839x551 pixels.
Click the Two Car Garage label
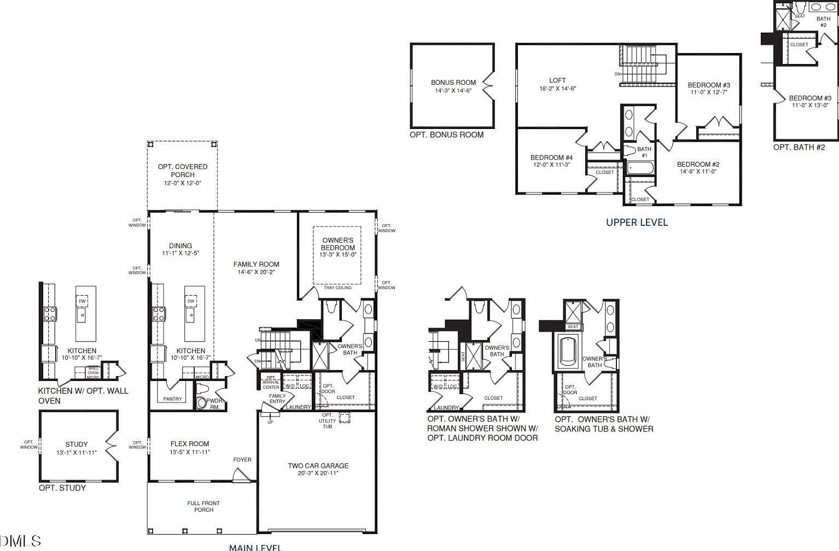[318, 466]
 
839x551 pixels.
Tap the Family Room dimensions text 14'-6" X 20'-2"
[256, 272]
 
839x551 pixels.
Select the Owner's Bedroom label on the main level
[337, 244]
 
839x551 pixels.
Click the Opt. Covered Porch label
[183, 171]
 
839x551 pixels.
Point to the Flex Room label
[189, 444]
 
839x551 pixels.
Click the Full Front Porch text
[203, 506]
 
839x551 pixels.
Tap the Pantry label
[172, 399]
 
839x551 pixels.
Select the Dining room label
[180, 246]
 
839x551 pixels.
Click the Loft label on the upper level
[557, 80]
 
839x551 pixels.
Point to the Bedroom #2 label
[698, 164]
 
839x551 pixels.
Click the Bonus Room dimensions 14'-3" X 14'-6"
[453, 91]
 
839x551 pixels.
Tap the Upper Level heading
[637, 222]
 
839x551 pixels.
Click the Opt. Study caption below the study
[62, 488]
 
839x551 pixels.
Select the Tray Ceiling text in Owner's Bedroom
[337, 288]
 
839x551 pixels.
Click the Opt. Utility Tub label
[327, 421]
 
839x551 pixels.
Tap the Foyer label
[242, 460]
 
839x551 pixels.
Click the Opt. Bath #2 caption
[799, 147]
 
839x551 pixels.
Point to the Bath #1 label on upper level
[644, 152]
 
